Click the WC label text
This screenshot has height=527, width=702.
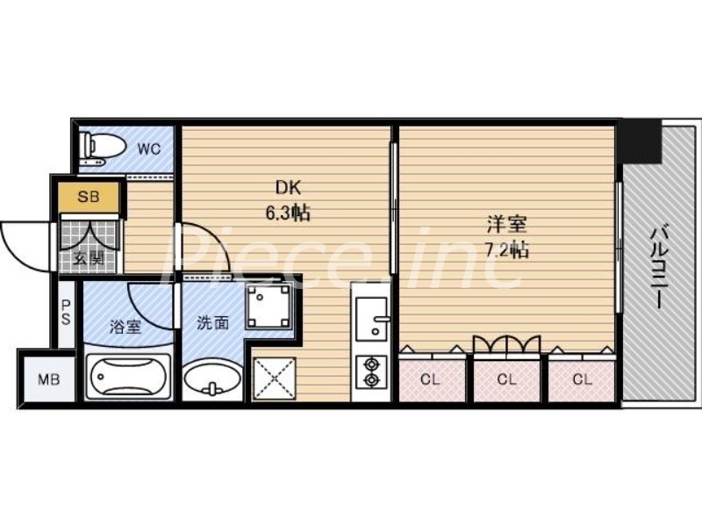coord(148,148)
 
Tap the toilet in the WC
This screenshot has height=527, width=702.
coord(94,147)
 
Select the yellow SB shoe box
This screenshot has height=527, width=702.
coord(89,197)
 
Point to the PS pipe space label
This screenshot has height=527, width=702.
coord(66,312)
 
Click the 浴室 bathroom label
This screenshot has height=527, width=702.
coord(125,327)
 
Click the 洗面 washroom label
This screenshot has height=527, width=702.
coord(211,322)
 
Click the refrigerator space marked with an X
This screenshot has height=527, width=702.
coord(275,378)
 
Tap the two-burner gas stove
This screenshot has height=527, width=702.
coord(370,371)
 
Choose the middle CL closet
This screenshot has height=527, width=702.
coord(506,379)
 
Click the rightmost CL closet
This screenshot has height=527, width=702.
coord(582,379)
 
